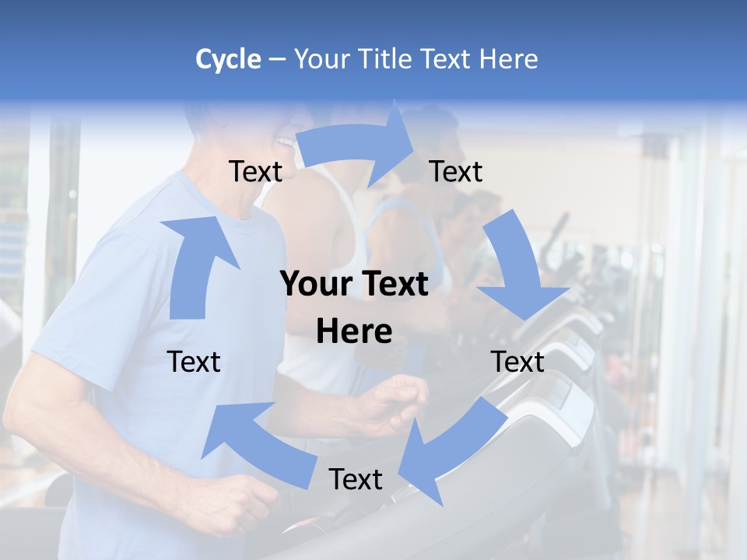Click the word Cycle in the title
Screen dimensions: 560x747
(227, 59)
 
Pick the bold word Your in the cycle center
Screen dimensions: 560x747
(315, 285)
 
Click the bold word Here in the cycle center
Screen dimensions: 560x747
(354, 332)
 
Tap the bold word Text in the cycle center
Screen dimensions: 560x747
(391, 285)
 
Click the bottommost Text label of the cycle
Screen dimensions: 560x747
(356, 479)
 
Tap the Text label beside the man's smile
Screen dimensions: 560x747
(255, 171)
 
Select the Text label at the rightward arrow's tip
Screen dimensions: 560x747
(456, 171)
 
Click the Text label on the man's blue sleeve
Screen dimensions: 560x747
(194, 362)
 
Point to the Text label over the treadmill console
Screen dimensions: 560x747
(517, 362)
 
